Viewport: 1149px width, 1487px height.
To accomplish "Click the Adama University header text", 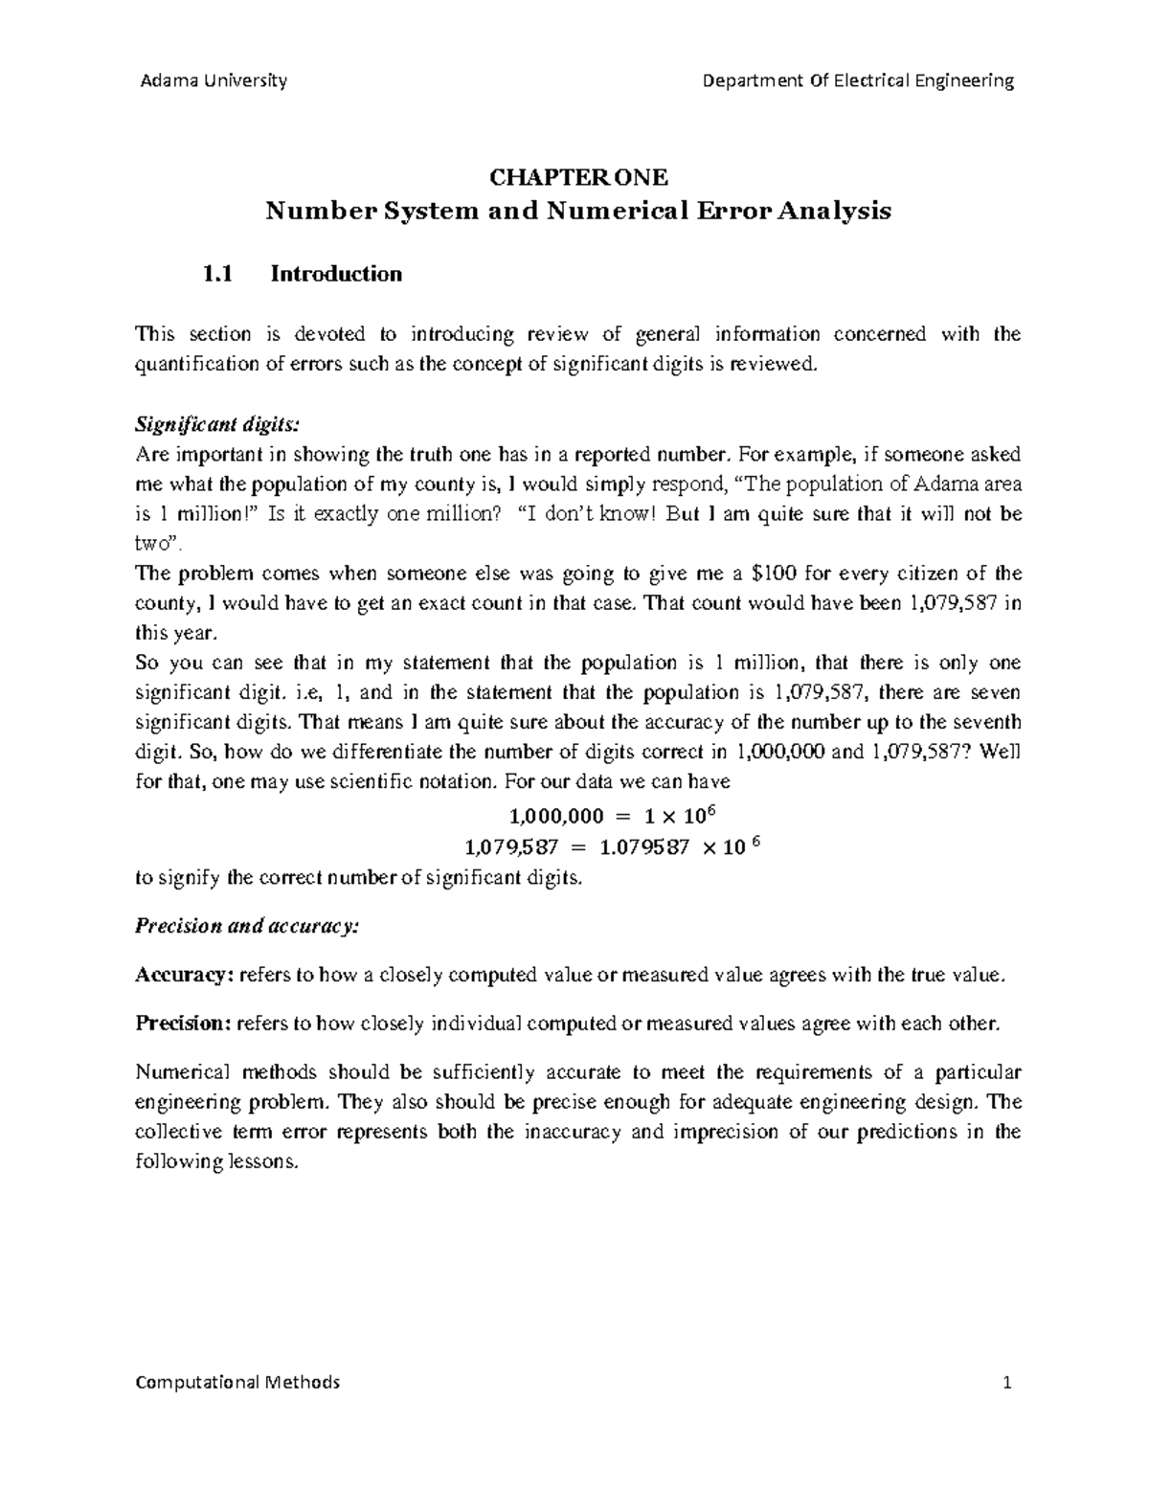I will tap(213, 80).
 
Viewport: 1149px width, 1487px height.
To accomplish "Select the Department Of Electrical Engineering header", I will tap(858, 80).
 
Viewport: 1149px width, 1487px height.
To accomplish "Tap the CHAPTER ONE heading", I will tap(578, 177).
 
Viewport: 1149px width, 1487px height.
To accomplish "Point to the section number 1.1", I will tap(218, 275).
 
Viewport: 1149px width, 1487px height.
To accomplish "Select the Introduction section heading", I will tap(336, 275).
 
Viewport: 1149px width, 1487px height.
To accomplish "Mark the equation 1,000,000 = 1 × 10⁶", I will tap(618, 816).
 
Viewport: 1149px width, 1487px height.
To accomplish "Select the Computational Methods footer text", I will tap(238, 1383).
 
